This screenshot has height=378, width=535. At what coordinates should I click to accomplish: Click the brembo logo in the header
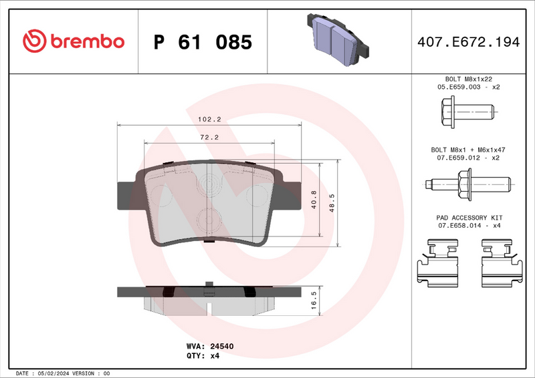[74, 41]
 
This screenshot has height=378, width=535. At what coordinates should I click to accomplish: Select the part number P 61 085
[203, 43]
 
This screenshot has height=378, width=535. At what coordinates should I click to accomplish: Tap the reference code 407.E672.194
[469, 42]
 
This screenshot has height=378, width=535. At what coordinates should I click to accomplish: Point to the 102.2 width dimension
[209, 119]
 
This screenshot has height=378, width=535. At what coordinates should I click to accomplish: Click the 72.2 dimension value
[209, 137]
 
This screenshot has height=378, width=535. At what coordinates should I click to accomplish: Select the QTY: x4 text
[209, 356]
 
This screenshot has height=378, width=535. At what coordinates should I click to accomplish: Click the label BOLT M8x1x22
[469, 79]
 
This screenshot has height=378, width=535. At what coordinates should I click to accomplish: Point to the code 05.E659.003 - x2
[469, 87]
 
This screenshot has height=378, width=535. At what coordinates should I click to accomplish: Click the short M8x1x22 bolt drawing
[467, 110]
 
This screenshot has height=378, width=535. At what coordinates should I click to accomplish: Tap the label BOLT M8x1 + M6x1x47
[469, 150]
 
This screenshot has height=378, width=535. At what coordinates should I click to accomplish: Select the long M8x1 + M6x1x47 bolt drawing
[468, 181]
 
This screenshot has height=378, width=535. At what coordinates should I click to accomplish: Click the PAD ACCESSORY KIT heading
[469, 218]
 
